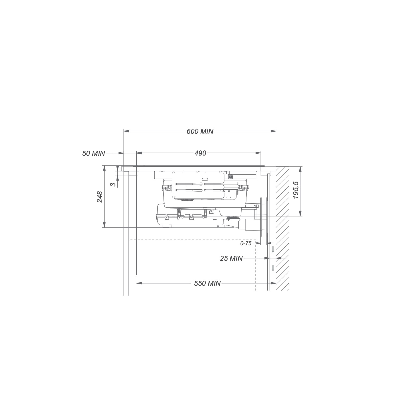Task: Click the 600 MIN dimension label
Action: [200, 131]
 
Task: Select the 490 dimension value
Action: [200, 153]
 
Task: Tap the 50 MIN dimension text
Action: [94, 153]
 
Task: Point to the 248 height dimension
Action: [100, 197]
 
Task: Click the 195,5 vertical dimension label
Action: [296, 190]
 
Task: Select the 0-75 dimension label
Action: [246, 243]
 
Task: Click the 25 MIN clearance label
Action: [231, 258]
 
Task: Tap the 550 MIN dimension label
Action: [207, 283]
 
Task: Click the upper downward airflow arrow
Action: [273, 250]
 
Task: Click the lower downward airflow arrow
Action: [273, 268]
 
